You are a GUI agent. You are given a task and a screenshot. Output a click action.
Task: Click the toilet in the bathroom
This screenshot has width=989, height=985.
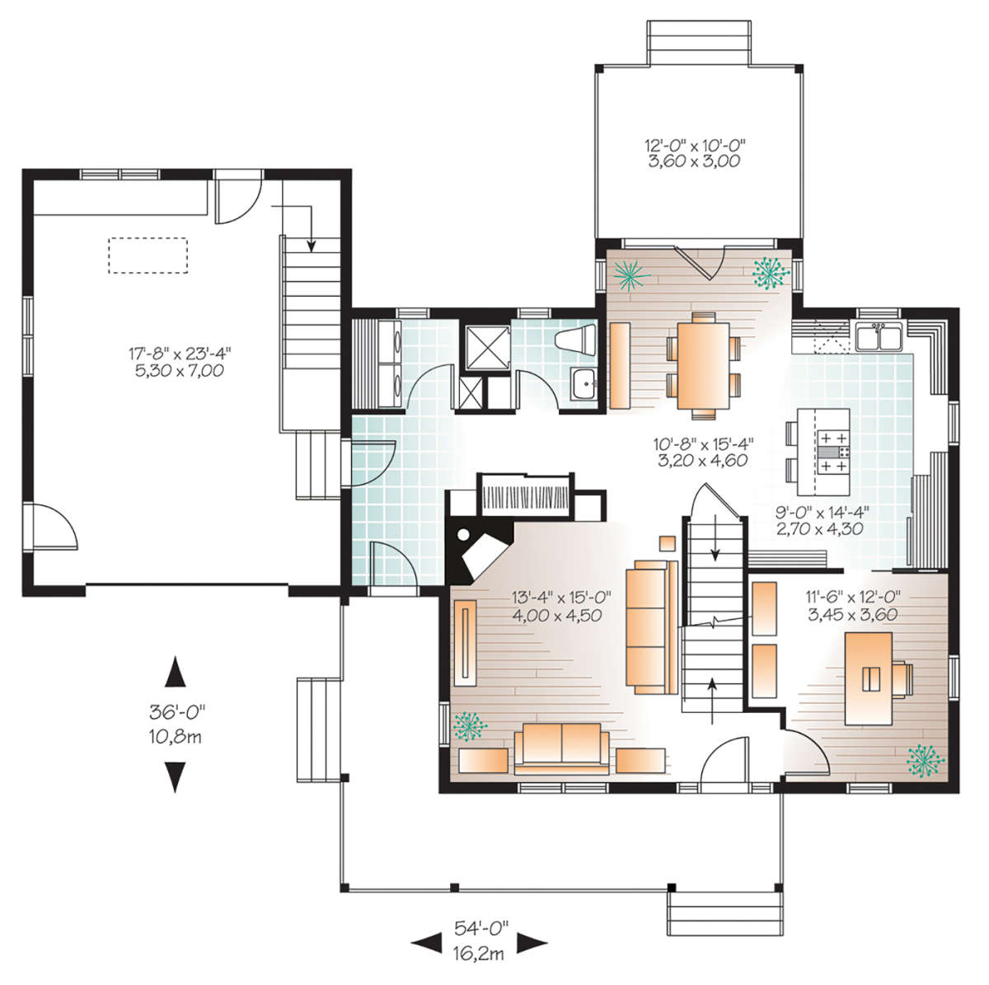575,340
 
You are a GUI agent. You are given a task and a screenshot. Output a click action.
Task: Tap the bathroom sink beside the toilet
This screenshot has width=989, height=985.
584,384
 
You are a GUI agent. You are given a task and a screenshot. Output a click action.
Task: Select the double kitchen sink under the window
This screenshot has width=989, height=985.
878,336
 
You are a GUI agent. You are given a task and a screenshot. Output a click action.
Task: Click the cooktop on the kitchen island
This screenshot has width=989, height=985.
833,452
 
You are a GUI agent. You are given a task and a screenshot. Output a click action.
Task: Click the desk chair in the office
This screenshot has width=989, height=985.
902,680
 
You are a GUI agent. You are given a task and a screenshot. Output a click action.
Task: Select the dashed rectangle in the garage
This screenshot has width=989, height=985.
148,255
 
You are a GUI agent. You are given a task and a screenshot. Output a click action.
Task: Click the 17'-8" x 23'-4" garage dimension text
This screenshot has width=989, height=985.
180,353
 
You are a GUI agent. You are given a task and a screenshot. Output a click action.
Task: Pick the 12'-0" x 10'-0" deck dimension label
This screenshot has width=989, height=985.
695,145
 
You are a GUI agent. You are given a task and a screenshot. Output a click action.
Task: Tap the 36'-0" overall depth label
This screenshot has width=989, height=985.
177,711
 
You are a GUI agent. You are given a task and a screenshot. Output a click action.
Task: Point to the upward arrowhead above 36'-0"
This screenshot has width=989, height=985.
175,672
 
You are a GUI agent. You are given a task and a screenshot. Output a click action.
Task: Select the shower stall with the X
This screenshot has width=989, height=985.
488,347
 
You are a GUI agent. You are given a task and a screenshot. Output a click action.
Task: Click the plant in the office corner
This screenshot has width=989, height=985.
926,761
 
